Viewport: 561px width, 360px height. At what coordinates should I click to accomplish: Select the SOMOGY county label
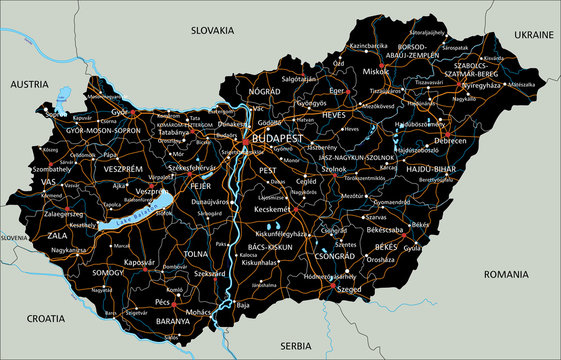(x=109, y=272)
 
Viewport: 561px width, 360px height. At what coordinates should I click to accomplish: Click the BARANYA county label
(x=173, y=321)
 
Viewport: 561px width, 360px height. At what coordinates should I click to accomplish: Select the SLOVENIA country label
(x=13, y=238)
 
